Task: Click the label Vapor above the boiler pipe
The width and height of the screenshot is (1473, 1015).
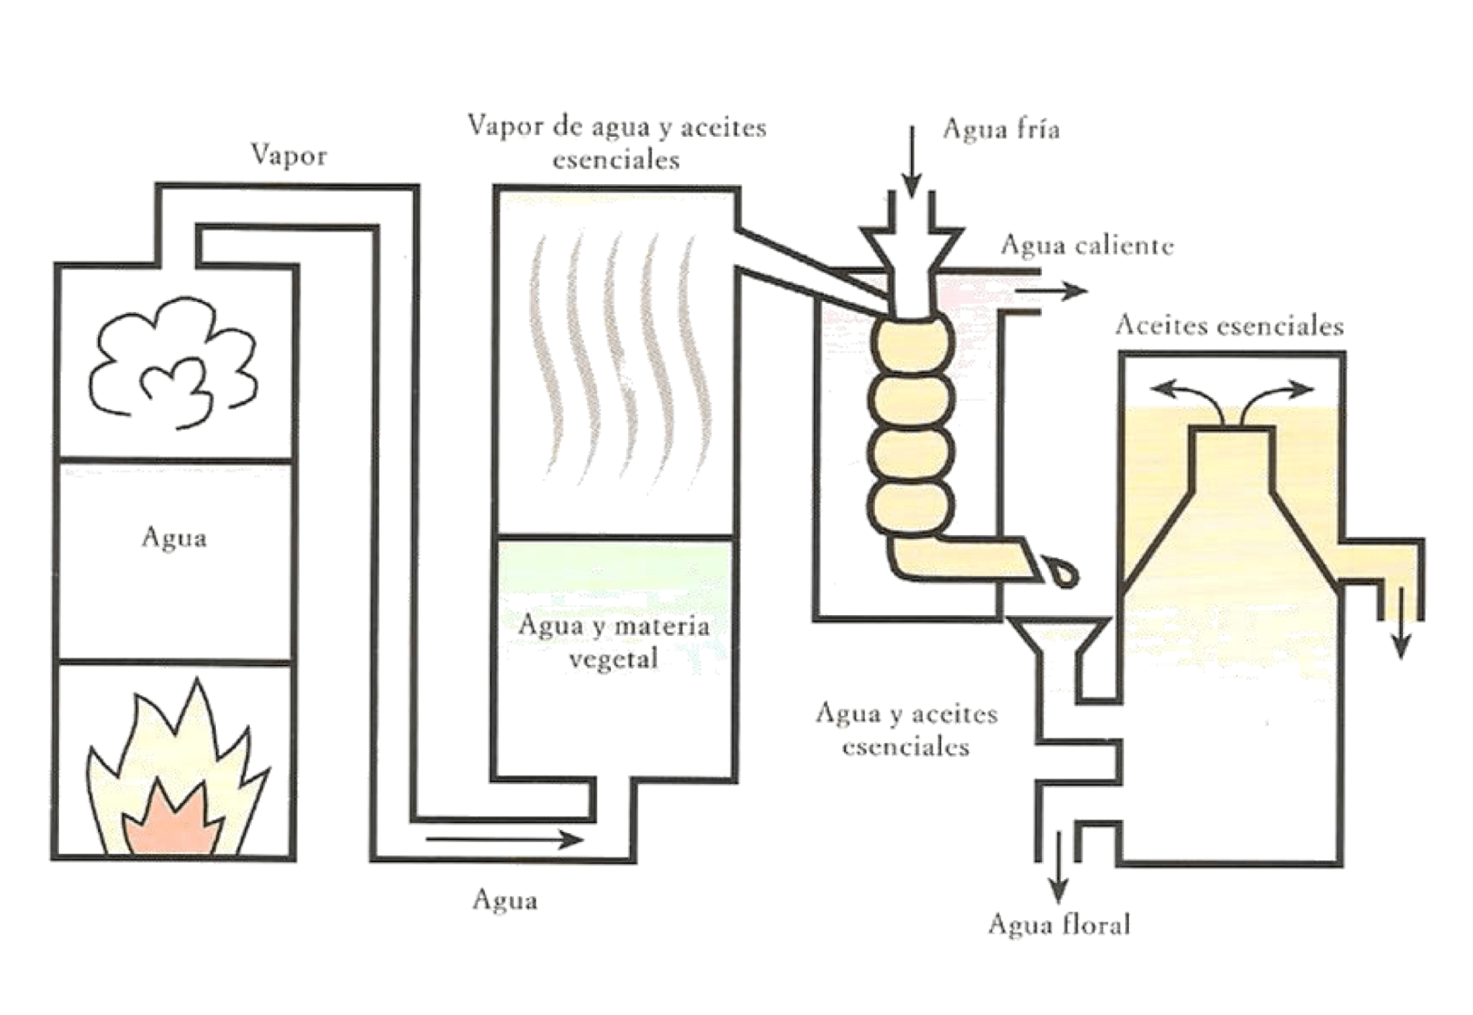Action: coord(289,155)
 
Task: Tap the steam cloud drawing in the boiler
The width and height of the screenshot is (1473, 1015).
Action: coord(172,363)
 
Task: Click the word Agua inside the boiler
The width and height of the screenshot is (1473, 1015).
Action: coord(174,537)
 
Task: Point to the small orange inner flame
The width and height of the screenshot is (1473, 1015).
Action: coord(172,822)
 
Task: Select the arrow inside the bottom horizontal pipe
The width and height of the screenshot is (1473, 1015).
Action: coord(505,839)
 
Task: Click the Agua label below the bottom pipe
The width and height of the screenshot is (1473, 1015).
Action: coord(505,900)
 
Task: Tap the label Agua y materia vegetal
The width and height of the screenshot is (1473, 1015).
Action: coord(613,641)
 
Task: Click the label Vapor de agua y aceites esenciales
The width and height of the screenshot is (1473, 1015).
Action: coord(617,143)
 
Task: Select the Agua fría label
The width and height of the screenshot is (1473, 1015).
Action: coord(1001,129)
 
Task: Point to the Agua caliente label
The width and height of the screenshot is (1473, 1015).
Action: coord(1086,245)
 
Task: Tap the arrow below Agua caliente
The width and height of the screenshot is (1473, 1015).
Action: coord(1051,291)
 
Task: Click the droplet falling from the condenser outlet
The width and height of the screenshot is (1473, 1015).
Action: coord(1061,572)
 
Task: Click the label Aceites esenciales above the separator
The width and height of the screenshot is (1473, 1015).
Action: coord(1229,325)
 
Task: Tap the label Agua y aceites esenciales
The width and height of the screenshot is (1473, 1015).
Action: coord(906,730)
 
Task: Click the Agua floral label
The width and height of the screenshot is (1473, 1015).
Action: coord(1059,925)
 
